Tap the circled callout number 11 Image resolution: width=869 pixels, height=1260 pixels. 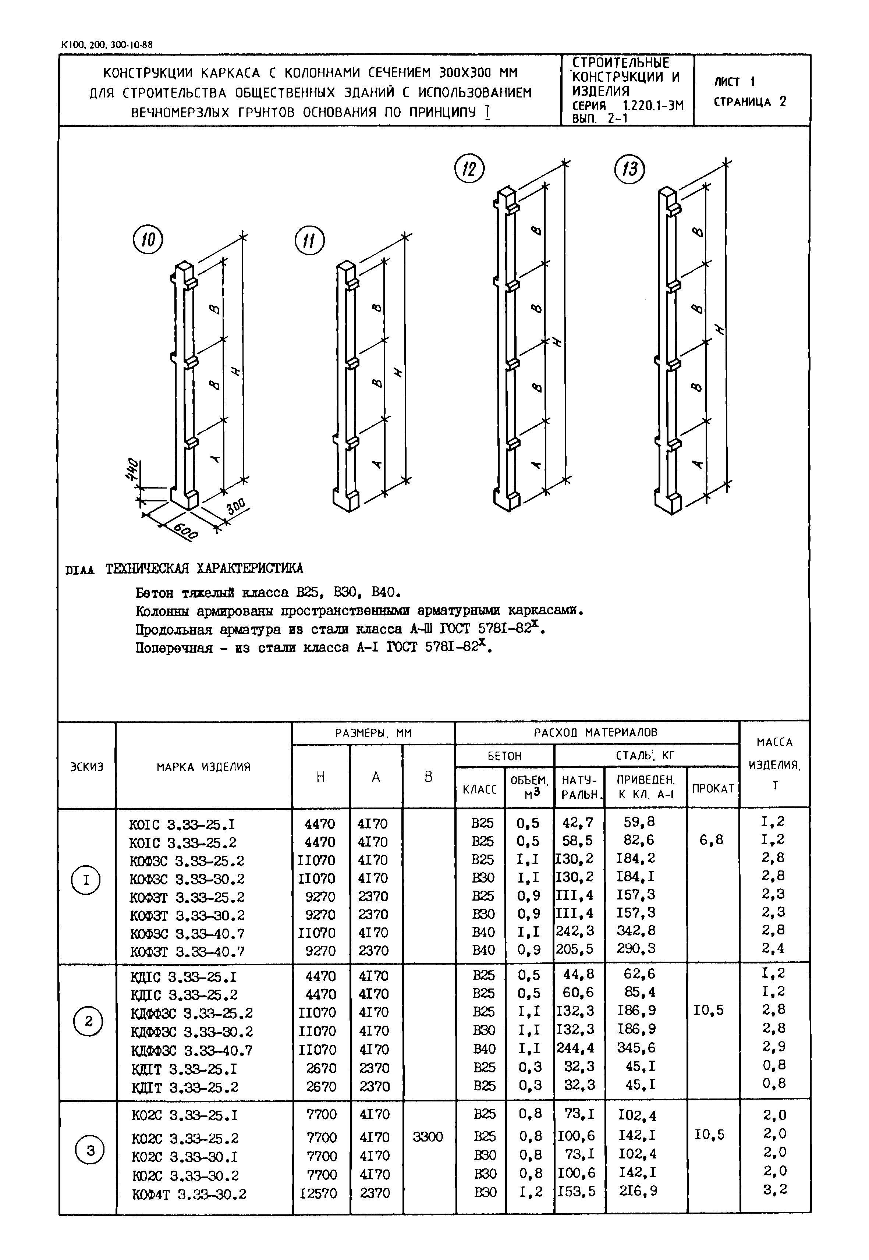click(309, 241)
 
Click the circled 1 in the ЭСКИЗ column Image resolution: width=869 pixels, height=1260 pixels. click(86, 880)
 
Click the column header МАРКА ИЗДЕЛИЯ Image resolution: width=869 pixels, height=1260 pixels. click(204, 767)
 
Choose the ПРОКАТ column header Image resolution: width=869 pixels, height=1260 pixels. click(713, 788)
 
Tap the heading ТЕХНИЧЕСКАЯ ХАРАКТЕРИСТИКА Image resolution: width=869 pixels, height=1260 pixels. click(204, 568)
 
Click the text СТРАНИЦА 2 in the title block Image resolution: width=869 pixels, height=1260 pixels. click(750, 102)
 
